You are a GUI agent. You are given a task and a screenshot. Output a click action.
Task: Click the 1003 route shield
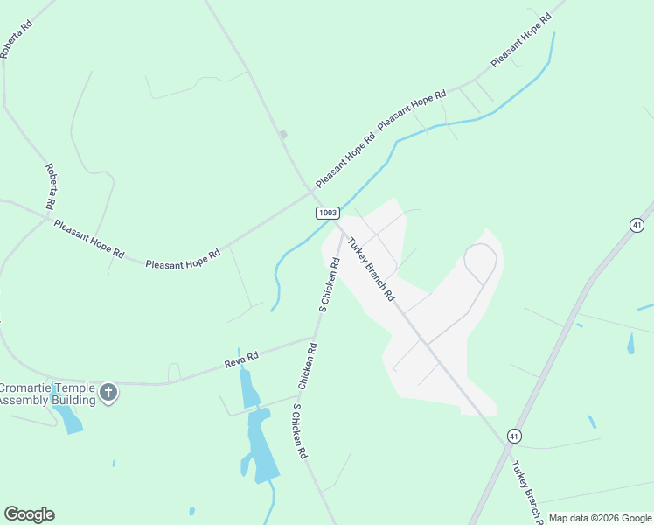(327, 213)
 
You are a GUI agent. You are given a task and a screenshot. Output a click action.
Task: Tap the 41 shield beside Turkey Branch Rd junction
(514, 435)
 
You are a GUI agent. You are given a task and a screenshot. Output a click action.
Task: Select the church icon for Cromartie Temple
(108, 392)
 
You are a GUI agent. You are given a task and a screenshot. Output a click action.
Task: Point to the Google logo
(29, 514)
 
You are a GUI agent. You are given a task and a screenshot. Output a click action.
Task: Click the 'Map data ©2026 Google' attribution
(600, 518)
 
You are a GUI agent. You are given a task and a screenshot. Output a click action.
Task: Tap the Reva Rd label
(240, 358)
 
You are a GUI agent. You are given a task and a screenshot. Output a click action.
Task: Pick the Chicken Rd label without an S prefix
(307, 366)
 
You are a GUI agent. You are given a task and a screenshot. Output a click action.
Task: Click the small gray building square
(282, 134)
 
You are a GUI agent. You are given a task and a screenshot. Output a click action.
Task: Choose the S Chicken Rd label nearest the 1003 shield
(330, 285)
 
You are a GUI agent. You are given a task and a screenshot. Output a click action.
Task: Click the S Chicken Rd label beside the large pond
(300, 431)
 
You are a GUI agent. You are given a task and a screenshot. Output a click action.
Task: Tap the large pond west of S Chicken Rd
(261, 446)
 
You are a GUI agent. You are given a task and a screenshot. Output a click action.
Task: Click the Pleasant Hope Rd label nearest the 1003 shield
(345, 158)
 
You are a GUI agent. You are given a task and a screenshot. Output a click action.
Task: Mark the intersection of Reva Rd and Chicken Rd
(314, 338)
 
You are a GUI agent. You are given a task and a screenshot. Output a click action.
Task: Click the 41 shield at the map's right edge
(637, 225)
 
